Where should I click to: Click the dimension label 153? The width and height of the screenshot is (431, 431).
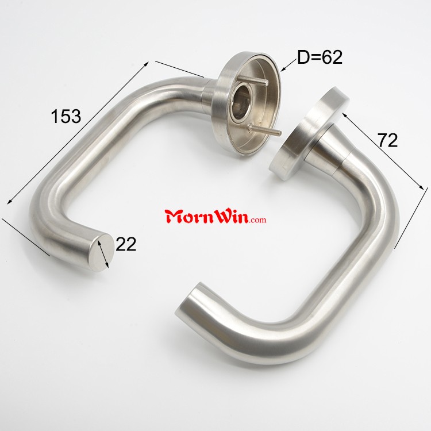click(66, 116)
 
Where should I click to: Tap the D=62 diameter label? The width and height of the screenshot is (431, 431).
click(320, 57)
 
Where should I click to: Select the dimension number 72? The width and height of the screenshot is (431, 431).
click(388, 140)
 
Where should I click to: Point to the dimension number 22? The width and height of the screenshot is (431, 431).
click(126, 244)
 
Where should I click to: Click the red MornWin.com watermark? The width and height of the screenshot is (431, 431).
click(215, 217)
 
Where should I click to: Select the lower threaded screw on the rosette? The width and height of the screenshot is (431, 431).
click(265, 130)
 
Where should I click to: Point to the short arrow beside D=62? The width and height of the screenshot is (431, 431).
click(290, 65)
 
